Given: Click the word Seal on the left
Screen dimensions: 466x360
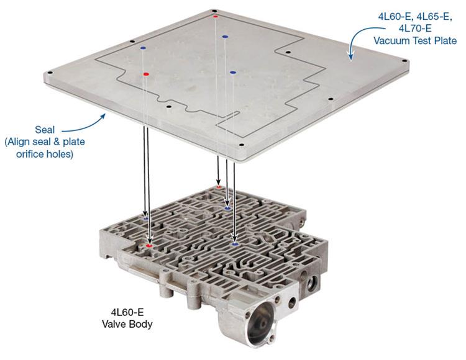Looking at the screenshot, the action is pyautogui.click(x=45, y=130).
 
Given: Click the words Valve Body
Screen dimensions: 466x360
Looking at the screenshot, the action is pyautogui.click(x=127, y=323).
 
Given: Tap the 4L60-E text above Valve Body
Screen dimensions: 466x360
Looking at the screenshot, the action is pyautogui.click(x=127, y=312).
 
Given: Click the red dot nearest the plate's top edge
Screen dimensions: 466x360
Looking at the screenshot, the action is pyautogui.click(x=216, y=16).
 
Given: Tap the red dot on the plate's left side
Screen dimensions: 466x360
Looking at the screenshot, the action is pyautogui.click(x=145, y=74).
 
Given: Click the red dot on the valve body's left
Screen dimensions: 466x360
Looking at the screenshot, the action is pyautogui.click(x=149, y=246).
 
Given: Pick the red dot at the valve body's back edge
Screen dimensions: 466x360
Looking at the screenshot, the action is pyautogui.click(x=219, y=187).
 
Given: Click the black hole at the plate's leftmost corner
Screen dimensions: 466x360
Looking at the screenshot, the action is pyautogui.click(x=50, y=73).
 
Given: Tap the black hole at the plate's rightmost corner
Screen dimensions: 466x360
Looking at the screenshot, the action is pyautogui.click(x=404, y=61).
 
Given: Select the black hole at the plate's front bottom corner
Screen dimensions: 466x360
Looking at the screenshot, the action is pyautogui.click(x=241, y=145).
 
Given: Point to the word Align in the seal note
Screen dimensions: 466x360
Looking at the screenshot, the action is pyautogui.click(x=19, y=142).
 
